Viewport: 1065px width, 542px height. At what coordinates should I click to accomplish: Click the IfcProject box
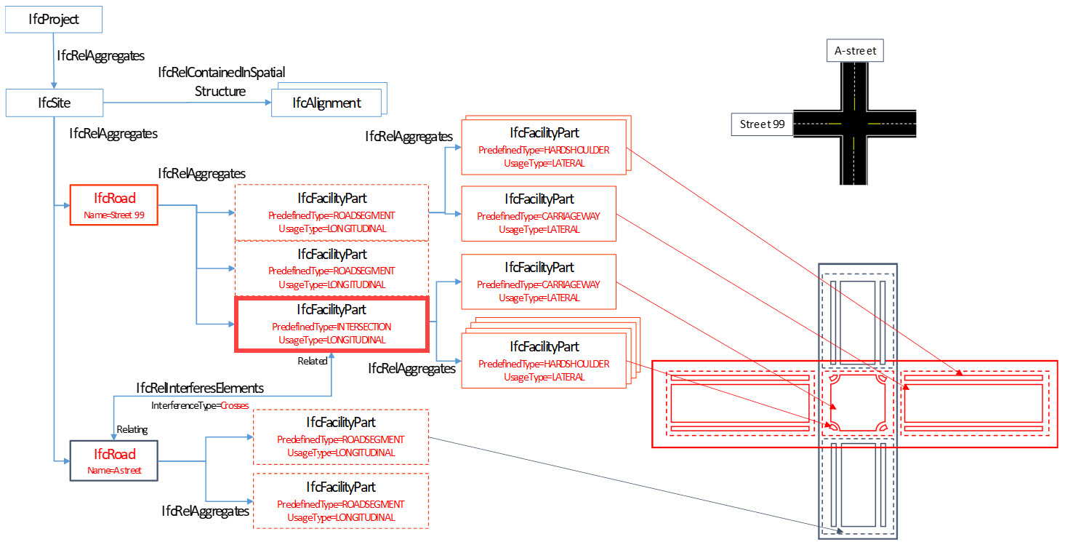pyautogui.click(x=54, y=20)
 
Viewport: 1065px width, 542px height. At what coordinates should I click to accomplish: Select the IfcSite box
pyautogui.click(x=55, y=103)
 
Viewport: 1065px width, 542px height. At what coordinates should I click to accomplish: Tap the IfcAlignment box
pyautogui.click(x=326, y=103)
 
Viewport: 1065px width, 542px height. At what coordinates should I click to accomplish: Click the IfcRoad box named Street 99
pyautogui.click(x=114, y=205)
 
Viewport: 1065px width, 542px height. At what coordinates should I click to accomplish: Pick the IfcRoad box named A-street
pyautogui.click(x=114, y=461)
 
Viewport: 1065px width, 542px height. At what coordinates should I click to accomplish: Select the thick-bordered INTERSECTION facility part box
pyautogui.click(x=332, y=324)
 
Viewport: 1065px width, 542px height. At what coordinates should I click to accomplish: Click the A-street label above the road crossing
pyautogui.click(x=855, y=50)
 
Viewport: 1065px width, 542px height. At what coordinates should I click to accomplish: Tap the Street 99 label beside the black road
pyautogui.click(x=762, y=124)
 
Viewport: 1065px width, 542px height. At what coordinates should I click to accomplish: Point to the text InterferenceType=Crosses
pyautogui.click(x=200, y=405)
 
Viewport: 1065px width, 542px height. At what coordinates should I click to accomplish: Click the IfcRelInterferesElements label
pyautogui.click(x=200, y=388)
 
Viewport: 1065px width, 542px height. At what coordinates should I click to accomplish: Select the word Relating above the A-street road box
pyautogui.click(x=132, y=429)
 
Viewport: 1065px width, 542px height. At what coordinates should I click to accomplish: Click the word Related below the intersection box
pyautogui.click(x=313, y=361)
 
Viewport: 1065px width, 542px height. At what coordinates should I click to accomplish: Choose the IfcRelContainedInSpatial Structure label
pyautogui.click(x=221, y=82)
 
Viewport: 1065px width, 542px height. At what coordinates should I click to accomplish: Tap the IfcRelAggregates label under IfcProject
pyautogui.click(x=101, y=56)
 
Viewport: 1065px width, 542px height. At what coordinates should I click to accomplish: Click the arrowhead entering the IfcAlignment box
pyautogui.click(x=269, y=103)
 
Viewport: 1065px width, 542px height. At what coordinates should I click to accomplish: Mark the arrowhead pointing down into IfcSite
pyautogui.click(x=54, y=86)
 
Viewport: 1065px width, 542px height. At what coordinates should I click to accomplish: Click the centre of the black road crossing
pyautogui.click(x=854, y=124)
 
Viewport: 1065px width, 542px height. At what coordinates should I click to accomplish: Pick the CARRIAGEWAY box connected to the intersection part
pyautogui.click(x=539, y=282)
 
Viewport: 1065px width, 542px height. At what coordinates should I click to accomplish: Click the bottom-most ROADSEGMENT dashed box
pyautogui.click(x=341, y=501)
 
